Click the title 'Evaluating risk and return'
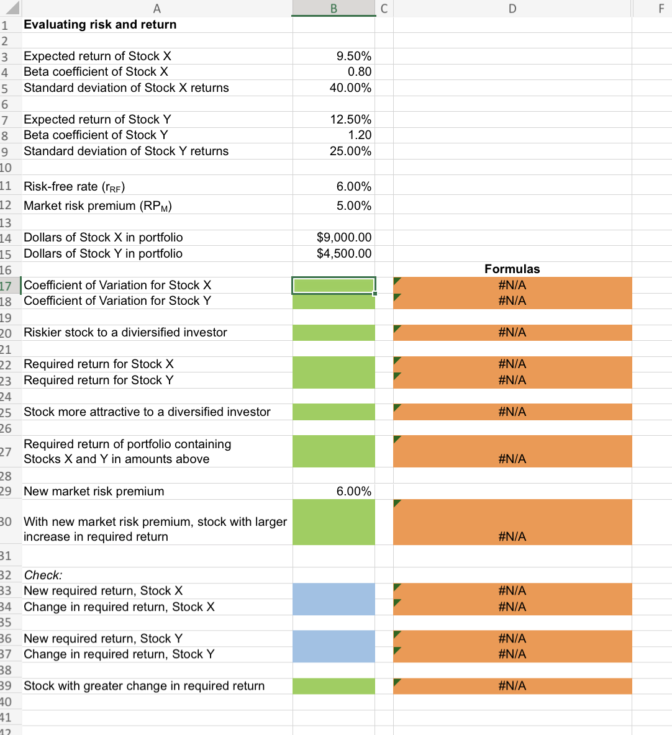(x=100, y=25)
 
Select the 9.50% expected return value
(x=353, y=56)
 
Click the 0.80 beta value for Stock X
(x=359, y=72)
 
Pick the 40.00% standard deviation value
(x=350, y=88)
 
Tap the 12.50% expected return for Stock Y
(x=350, y=119)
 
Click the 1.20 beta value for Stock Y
(x=359, y=135)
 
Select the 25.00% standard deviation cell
(x=350, y=151)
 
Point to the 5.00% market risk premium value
(x=353, y=206)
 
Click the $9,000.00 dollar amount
(x=343, y=238)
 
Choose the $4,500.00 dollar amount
(x=343, y=254)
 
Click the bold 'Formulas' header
(x=512, y=269)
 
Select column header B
(x=334, y=8)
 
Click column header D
(x=512, y=8)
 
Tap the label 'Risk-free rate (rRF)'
(x=75, y=187)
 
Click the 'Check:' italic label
(x=43, y=575)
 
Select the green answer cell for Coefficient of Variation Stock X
(x=334, y=286)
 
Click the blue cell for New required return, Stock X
(x=334, y=591)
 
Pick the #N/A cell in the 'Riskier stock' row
(x=512, y=333)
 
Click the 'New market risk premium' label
(x=94, y=492)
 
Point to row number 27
(x=6, y=451)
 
